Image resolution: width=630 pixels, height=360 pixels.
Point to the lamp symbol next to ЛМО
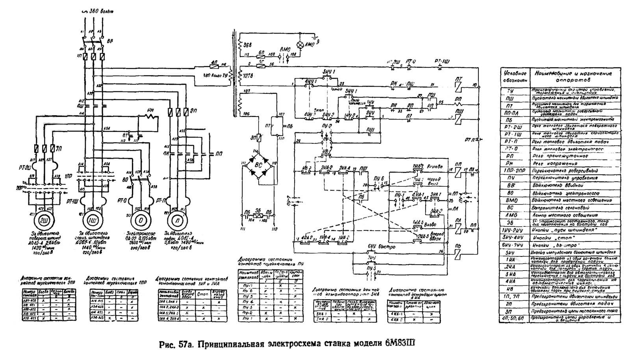[x=300, y=45]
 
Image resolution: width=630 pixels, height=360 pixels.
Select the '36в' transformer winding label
[x=247, y=44]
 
